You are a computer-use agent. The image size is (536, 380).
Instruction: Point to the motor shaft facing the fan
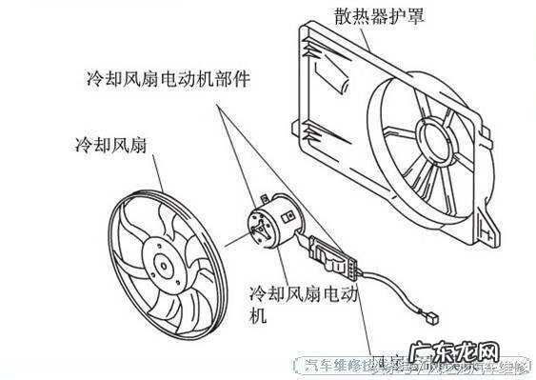tap(248, 232)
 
